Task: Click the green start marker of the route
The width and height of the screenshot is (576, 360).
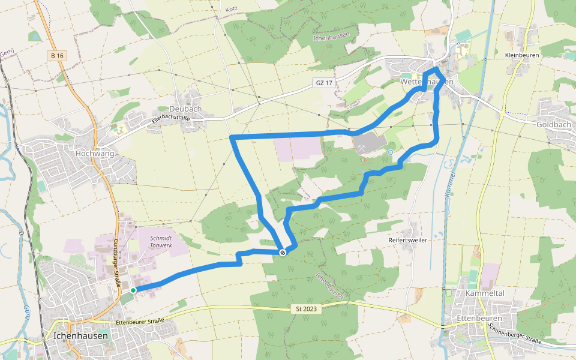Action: point(133,290)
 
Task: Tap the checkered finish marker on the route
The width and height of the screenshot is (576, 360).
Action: point(281,253)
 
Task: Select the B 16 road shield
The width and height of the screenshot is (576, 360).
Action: point(57,56)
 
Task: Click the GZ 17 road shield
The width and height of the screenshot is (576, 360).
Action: point(323,83)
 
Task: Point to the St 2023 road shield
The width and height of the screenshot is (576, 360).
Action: point(306,309)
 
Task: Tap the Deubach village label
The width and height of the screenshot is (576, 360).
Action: point(185,109)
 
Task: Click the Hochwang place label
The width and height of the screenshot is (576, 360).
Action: point(95,153)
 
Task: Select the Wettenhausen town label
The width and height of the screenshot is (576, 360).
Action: point(427,81)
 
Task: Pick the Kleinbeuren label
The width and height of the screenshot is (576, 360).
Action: point(523,55)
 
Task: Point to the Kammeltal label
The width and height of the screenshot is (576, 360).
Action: point(485,294)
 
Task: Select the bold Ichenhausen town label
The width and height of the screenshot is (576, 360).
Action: point(80,336)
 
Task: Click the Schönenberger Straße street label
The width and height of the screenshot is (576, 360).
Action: point(515,334)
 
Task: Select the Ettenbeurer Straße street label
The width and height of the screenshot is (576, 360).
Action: point(139,322)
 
